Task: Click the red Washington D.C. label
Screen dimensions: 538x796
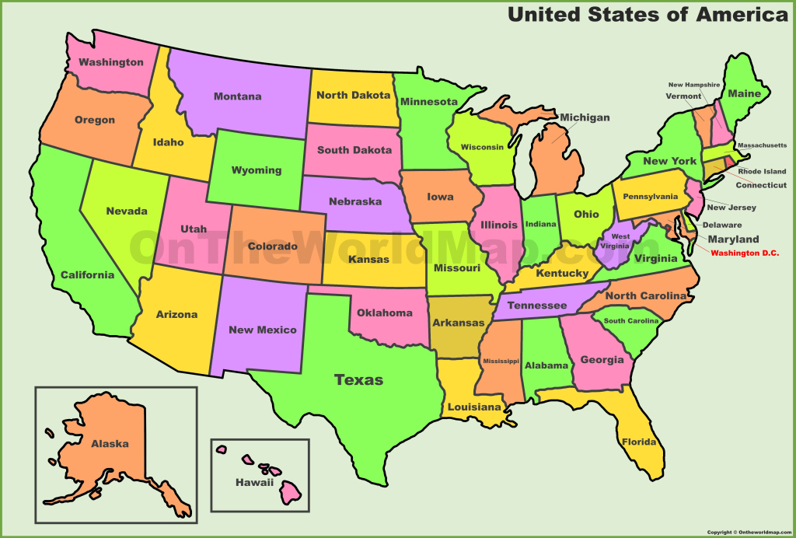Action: coord(744,253)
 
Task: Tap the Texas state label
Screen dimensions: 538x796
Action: coord(358,379)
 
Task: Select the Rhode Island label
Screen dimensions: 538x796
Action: coord(762,171)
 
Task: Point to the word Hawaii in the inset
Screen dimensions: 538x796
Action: coord(255,482)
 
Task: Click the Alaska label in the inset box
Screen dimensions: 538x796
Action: coord(110,443)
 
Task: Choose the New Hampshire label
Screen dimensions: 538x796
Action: coord(694,85)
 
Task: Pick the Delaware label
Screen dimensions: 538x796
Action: coord(721,225)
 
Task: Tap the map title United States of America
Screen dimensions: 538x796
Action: coord(648,15)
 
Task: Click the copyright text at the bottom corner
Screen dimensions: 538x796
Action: coord(749,532)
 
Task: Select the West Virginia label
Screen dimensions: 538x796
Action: coord(620,240)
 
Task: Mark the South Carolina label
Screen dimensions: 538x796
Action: coord(630,320)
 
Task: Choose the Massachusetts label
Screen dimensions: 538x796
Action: coord(761,145)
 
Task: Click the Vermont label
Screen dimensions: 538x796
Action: coord(683,96)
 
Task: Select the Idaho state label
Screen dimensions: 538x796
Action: coord(168,141)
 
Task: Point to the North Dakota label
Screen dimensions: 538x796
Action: coord(353,95)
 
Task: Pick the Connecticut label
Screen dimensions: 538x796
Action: coord(761,185)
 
